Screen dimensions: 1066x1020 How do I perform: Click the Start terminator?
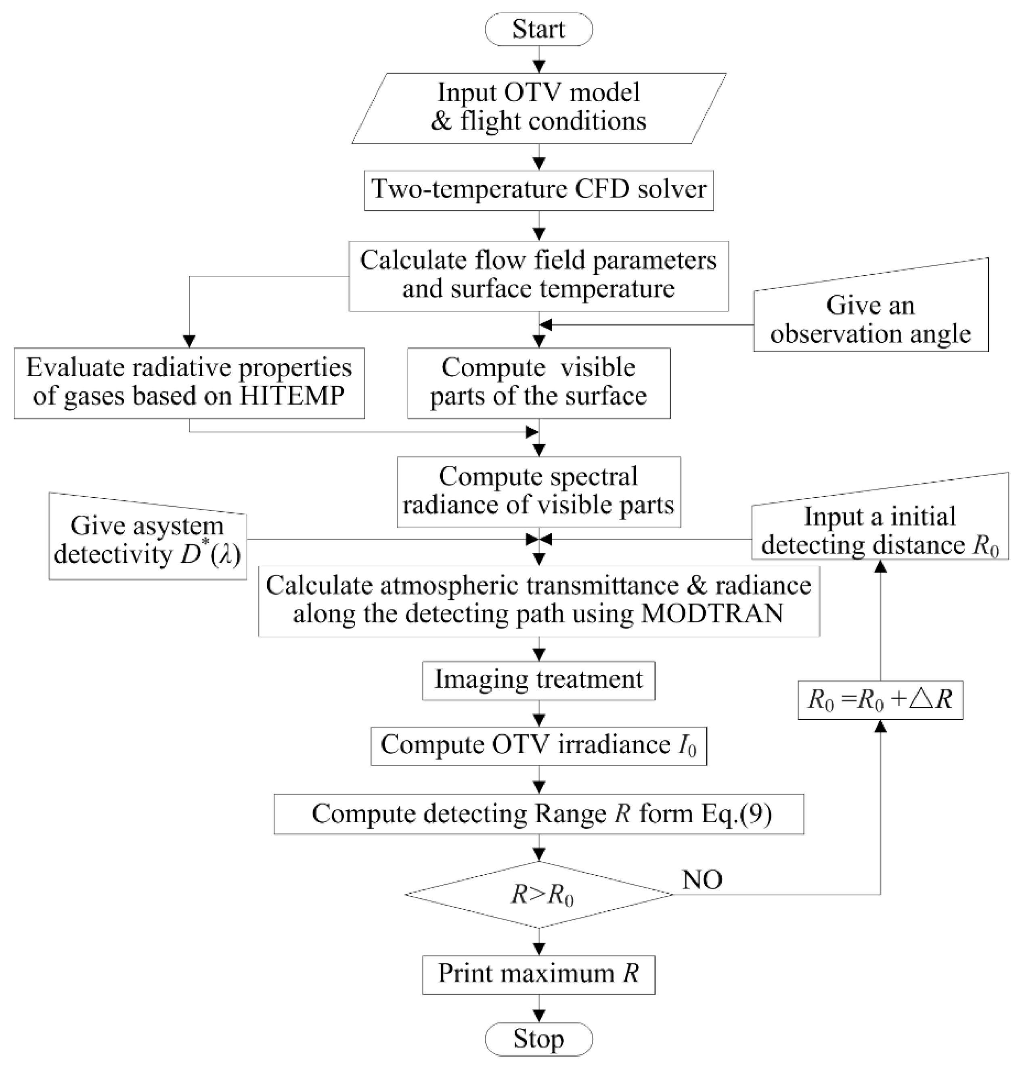538,29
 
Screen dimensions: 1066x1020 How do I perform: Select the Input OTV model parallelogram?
538,108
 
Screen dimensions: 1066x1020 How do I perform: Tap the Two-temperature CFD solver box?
538,190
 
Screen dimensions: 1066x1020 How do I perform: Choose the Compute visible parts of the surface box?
538,382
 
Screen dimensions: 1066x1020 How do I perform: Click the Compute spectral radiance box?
538,491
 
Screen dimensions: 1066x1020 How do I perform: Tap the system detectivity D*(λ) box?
147,540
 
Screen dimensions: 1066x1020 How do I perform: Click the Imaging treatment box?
538,680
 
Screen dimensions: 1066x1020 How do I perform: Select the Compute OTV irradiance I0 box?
538,745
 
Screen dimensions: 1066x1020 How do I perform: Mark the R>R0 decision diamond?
538,894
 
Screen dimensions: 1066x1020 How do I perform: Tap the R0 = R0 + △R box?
880,700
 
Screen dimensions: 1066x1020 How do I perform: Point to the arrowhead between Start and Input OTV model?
538,66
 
